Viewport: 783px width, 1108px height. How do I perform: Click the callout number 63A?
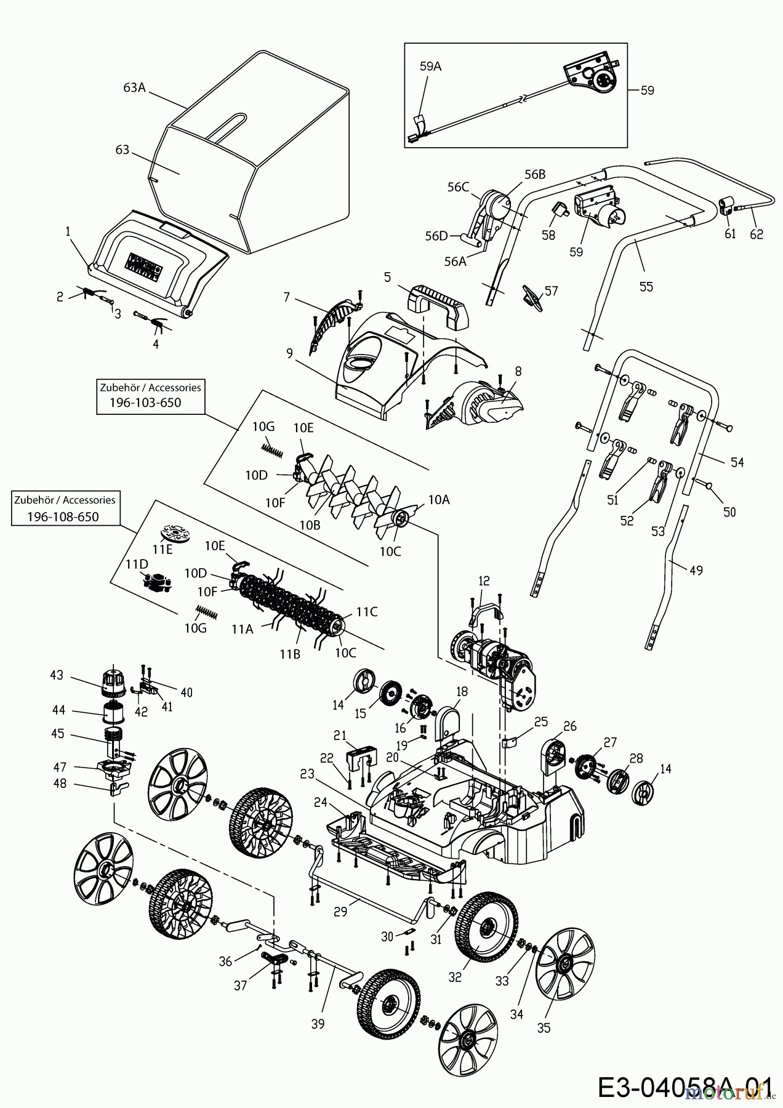(x=134, y=87)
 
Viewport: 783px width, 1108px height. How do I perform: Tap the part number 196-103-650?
(x=146, y=403)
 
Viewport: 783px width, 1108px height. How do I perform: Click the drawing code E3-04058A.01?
(x=684, y=1085)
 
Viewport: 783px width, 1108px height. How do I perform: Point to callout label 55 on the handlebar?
(x=646, y=286)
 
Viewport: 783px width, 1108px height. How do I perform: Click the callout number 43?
(x=57, y=675)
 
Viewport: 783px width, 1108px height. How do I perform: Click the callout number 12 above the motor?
(x=484, y=581)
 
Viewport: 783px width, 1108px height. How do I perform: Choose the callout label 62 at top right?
(x=757, y=234)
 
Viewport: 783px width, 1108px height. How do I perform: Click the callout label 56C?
(x=458, y=187)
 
